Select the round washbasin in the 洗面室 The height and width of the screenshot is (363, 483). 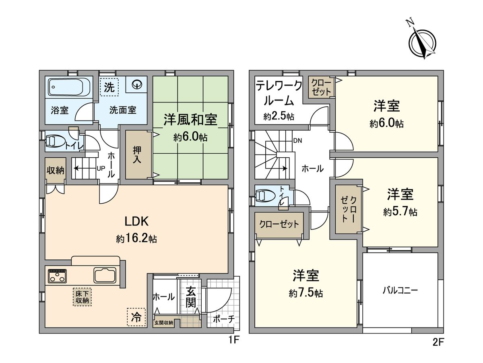(x=137, y=85)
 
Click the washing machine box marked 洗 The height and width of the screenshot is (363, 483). (x=109, y=87)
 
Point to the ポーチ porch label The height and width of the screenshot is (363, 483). (x=223, y=319)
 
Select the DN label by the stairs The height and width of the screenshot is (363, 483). (x=297, y=141)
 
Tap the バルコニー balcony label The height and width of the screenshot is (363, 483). (x=400, y=290)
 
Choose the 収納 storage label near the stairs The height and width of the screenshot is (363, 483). (x=55, y=171)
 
